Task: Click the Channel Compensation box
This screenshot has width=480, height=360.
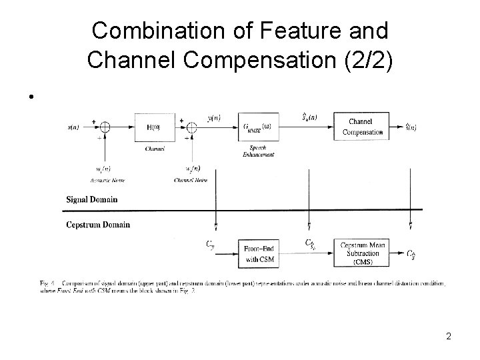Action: coord(363,127)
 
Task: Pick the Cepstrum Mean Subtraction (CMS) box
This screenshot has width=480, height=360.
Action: coord(363,253)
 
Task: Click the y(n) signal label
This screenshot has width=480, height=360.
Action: coord(214,119)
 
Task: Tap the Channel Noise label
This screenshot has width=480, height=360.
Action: coord(191,180)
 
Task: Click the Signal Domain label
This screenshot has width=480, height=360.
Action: coord(92,199)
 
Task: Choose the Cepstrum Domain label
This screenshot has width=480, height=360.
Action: coord(98,224)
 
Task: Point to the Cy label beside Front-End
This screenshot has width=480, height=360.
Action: coord(210,245)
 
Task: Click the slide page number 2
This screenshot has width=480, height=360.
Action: coord(449,336)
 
